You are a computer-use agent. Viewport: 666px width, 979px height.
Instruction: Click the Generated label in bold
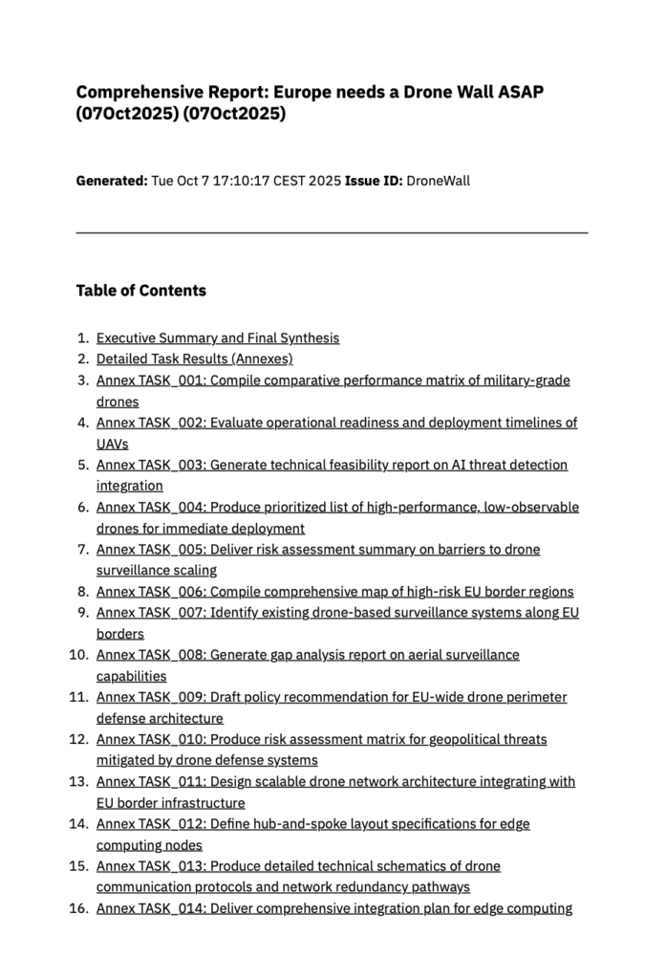click(111, 181)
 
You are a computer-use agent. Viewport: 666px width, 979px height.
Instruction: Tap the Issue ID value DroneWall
click(438, 181)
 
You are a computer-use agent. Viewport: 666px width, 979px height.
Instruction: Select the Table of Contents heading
click(140, 291)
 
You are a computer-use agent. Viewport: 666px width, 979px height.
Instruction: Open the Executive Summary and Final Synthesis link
click(218, 338)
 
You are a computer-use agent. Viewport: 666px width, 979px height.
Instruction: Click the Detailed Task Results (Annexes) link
click(194, 359)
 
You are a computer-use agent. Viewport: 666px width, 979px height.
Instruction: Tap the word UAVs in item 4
click(112, 444)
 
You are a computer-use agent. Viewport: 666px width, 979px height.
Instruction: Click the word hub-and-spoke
click(302, 824)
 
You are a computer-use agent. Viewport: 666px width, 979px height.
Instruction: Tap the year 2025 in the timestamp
click(324, 181)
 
